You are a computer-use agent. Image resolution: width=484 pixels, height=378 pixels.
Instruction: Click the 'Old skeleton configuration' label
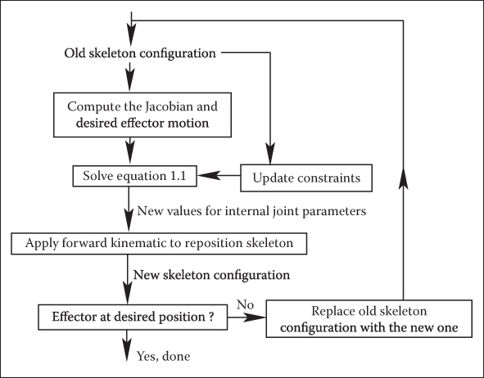click(140, 53)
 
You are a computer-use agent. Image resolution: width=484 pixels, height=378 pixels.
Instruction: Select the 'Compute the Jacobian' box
click(142, 115)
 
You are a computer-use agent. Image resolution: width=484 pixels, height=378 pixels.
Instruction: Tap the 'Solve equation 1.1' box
click(134, 176)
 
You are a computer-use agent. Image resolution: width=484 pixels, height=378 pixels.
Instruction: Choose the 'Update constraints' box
click(306, 178)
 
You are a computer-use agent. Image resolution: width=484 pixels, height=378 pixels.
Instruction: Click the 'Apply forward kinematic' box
click(159, 244)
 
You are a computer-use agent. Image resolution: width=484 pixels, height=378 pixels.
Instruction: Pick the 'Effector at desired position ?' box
click(133, 317)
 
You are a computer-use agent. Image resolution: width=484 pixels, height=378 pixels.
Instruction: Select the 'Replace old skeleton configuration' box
click(369, 318)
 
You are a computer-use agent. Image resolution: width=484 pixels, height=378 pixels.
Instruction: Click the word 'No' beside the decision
click(245, 304)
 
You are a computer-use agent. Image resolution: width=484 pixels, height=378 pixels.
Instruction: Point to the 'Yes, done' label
click(163, 356)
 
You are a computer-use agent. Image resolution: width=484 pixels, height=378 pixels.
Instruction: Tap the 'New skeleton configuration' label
click(211, 275)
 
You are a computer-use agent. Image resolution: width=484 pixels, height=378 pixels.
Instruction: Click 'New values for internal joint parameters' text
click(251, 211)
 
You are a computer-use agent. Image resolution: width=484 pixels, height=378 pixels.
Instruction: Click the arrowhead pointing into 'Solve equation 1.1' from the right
click(209, 175)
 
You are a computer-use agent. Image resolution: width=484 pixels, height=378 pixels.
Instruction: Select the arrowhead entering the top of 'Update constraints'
click(270, 154)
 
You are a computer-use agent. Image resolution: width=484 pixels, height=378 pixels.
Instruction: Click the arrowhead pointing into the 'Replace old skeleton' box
click(255, 317)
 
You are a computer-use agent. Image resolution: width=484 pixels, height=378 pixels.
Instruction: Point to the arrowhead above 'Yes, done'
click(127, 350)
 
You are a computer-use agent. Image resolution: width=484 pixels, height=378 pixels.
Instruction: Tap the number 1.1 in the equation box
click(178, 176)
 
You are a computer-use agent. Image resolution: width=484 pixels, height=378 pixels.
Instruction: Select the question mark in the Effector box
click(210, 317)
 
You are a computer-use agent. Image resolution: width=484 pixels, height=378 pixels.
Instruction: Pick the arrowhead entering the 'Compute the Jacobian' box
click(130, 81)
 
